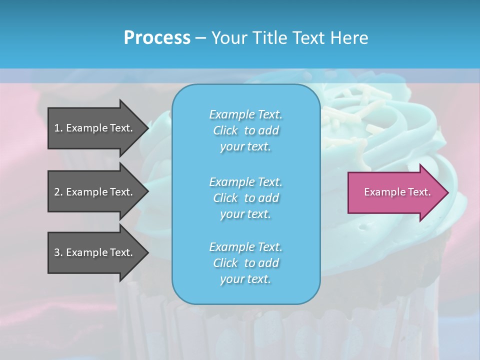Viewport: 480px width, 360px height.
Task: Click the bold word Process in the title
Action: point(157,38)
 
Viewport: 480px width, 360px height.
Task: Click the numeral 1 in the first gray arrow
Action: point(57,128)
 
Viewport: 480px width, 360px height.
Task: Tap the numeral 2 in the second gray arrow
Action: point(57,192)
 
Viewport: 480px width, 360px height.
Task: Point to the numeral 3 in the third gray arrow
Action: point(57,252)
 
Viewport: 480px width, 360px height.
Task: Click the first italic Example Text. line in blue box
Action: point(245,114)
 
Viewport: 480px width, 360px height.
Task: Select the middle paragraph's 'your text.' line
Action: point(245,214)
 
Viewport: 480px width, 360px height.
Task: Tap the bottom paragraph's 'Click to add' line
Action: point(245,263)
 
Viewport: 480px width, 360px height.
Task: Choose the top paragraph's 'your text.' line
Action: point(245,147)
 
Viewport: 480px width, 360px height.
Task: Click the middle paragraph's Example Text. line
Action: point(245,181)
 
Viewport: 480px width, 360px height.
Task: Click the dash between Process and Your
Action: point(201,38)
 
